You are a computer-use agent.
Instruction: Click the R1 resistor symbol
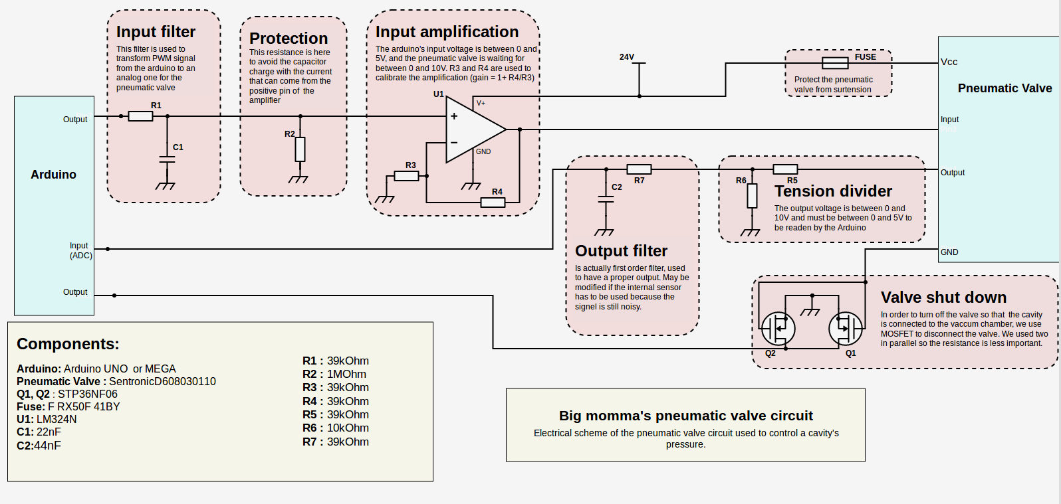tap(140, 116)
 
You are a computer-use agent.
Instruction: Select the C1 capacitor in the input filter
tap(167, 159)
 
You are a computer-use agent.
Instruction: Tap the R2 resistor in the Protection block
tap(300, 149)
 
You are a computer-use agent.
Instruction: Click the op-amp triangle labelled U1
tap(473, 129)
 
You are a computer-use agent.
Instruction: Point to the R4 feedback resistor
tap(493, 202)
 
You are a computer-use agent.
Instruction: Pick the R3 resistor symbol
tap(406, 176)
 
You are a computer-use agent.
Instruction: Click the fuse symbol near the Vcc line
tap(835, 63)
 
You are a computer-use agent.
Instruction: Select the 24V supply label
tap(627, 57)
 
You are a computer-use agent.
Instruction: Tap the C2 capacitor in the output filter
tap(606, 199)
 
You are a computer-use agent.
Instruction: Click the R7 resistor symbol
tap(639, 169)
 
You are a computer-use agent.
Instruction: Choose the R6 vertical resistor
tap(752, 196)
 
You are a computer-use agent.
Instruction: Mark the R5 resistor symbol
tap(785, 169)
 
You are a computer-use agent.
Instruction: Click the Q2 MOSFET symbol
tap(778, 328)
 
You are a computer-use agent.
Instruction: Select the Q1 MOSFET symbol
tap(846, 328)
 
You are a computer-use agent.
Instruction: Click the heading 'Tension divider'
tap(833, 191)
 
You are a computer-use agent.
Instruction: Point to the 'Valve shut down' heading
tap(943, 297)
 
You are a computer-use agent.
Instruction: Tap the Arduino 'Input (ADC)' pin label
tap(80, 250)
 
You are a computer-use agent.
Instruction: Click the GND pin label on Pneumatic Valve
tap(949, 252)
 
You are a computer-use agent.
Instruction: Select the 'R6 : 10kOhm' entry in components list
tap(336, 428)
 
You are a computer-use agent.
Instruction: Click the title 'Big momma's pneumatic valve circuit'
tap(685, 416)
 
